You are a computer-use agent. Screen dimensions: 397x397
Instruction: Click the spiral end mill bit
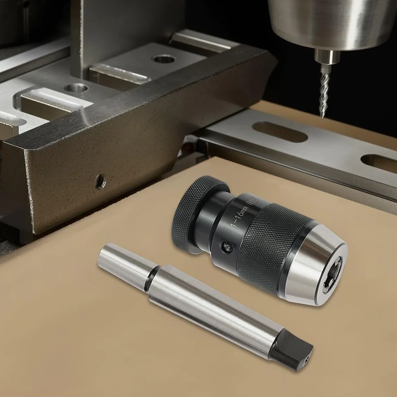point(324,91)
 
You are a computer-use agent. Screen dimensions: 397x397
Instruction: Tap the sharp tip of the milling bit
point(322,118)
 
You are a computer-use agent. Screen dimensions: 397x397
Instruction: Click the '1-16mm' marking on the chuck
point(238,216)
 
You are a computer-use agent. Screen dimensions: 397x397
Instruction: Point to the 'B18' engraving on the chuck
point(252,202)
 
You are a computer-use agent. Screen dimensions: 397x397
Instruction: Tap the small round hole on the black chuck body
point(226,247)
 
